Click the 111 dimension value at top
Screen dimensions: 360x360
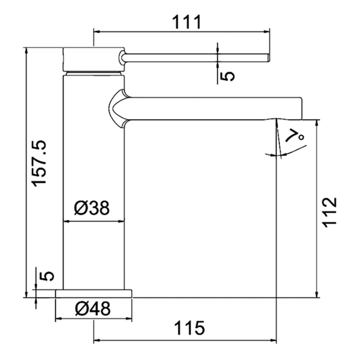point(186,22)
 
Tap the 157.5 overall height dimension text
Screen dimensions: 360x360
point(39,163)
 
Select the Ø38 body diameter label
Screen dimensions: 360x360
point(92,208)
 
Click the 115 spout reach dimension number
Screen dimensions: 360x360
point(189,328)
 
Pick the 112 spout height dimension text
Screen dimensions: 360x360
point(330,212)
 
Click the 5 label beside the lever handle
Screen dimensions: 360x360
point(228,76)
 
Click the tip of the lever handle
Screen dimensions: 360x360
point(269,58)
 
